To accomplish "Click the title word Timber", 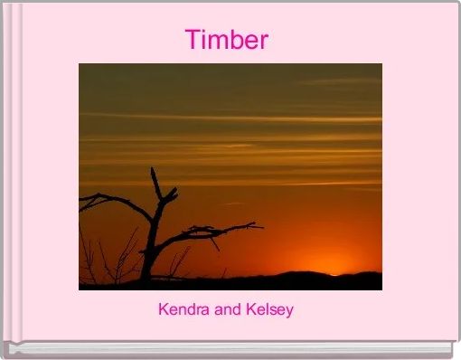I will tap(227, 40).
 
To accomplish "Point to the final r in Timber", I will tap(264, 43).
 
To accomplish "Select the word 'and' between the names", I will tap(228, 309).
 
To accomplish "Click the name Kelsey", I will tap(269, 310).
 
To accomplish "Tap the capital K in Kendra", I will tap(164, 309).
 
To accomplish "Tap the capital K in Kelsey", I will tap(249, 309).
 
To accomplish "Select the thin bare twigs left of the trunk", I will tap(108, 258).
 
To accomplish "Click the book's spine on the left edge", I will tap(9, 172).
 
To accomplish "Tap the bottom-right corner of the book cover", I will tap(453, 352).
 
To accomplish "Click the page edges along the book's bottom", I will tap(226, 349).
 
